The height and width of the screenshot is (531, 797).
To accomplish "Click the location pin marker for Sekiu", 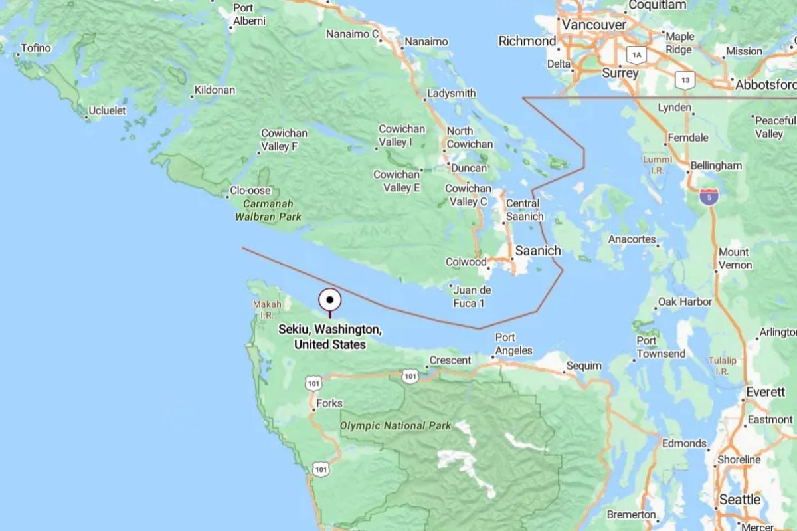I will point(330,300).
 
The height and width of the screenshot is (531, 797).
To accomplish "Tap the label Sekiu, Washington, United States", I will point(330,337).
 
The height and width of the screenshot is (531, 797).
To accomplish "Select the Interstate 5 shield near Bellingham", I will point(709,197).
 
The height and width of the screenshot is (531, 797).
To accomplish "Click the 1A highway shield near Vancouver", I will point(638,55).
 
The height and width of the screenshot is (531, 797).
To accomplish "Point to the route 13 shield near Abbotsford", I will point(685,80).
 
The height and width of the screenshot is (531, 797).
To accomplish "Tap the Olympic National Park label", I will point(396,425).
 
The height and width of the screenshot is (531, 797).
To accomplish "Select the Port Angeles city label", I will point(513,344).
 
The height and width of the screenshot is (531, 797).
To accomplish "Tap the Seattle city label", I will point(739,500).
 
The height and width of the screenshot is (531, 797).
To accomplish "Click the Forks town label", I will point(329,403).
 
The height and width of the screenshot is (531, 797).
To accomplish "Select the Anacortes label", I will point(632,239).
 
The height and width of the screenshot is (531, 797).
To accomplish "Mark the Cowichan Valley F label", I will point(279,140).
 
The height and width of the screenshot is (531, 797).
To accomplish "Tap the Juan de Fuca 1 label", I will point(472,296).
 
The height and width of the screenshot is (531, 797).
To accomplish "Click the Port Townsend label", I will point(660,347).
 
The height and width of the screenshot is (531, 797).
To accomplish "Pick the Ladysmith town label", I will point(452,94).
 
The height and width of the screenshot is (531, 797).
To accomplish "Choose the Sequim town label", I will point(584,366).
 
